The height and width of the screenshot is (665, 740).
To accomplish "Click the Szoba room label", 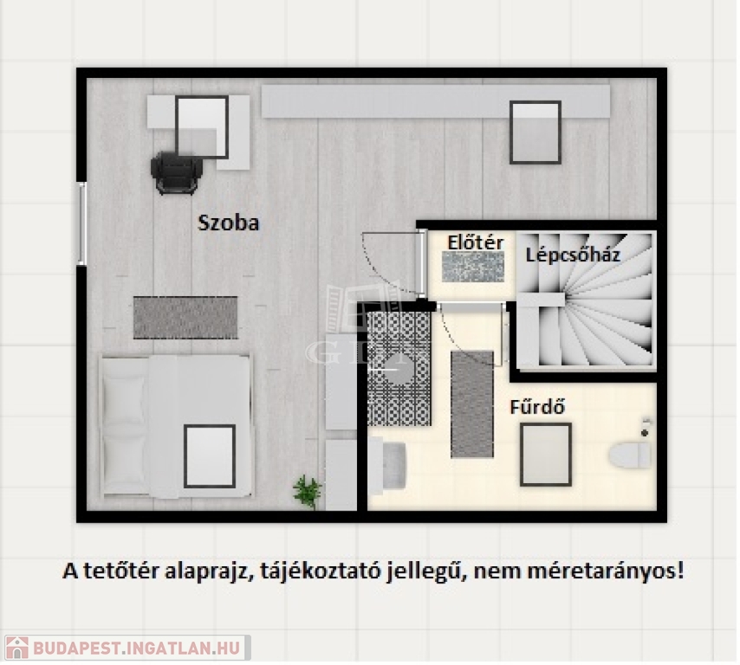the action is click(229, 223).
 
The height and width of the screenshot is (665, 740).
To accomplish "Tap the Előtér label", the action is click(475, 243).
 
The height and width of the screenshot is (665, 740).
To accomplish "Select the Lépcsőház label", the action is click(573, 255).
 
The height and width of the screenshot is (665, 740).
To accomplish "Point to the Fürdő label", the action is click(537, 407).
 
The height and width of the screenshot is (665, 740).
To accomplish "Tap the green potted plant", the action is click(307, 491).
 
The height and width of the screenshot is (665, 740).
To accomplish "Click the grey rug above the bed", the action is click(185, 318).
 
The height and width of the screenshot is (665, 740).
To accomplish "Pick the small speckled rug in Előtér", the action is click(473, 267).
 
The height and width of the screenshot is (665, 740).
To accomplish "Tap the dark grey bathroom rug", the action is click(472, 404).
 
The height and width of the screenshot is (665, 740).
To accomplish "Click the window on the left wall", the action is click(82, 223).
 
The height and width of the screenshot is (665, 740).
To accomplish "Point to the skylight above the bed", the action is click(210, 456).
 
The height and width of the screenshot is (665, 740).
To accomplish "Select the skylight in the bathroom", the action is click(546, 455).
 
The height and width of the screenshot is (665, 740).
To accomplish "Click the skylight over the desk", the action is click(202, 128).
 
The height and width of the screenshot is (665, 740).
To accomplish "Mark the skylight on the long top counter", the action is click(536, 132).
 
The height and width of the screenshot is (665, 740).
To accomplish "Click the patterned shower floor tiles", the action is click(399, 368).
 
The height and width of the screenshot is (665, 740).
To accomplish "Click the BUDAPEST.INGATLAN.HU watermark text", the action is click(136, 647).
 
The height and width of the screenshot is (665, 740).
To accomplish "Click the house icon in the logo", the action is click(16, 647).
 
